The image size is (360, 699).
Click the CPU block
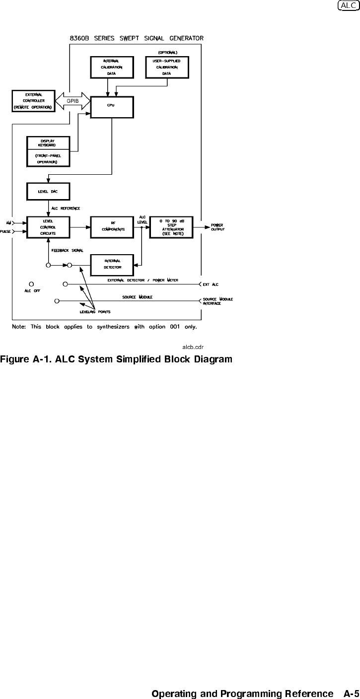pos(112,107)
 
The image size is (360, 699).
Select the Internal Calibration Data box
pos(108,67)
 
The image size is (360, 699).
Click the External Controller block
pos(33,101)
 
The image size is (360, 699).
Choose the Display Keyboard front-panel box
pos(48,151)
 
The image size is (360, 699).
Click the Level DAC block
pos(48,192)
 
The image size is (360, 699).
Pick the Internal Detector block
pos(112,264)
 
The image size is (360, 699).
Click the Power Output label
pos(217,227)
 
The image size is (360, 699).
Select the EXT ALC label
pos(211,284)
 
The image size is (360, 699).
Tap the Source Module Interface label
pos(217,301)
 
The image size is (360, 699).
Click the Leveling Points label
pos(95,312)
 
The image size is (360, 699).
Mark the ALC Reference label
pos(66,209)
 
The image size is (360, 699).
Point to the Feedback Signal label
pos(67,250)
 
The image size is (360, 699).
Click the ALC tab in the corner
pos(348,5)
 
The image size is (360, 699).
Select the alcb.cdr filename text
pos(194,348)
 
